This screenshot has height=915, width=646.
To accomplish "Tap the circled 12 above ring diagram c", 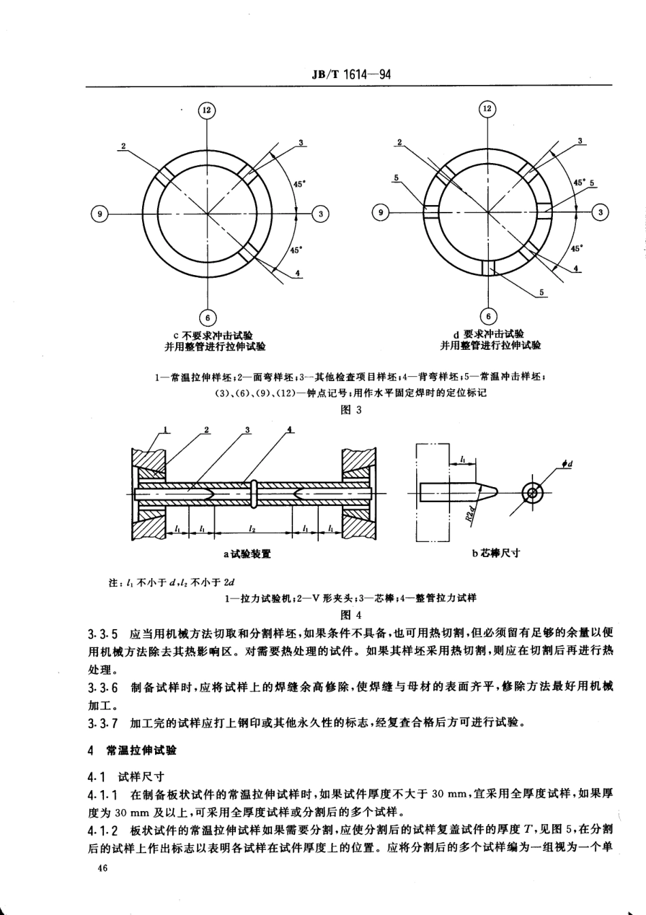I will coord(207,110).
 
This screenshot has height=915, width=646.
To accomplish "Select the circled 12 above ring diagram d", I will coord(488,109).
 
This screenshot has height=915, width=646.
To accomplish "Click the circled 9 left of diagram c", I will coord(99,214).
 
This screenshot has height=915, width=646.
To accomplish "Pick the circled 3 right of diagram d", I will coord(600,213).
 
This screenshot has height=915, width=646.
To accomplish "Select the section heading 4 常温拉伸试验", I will coord(132,751).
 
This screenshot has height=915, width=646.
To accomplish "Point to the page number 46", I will coord(104,868).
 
